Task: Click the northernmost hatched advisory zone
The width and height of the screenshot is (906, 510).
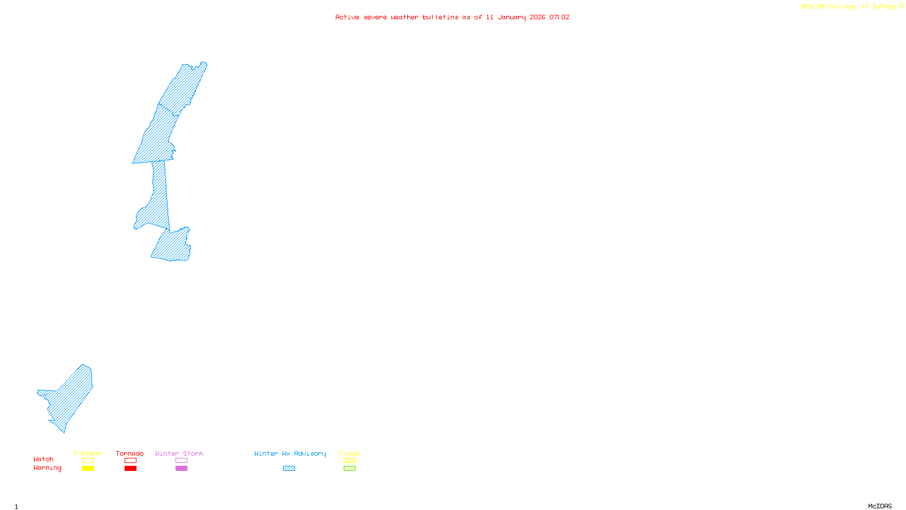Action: [184, 88]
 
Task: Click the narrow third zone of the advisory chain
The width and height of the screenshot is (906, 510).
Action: [157, 198]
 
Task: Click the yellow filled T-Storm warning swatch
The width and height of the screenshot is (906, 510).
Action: [88, 469]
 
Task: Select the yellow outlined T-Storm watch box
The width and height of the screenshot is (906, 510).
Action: [88, 461]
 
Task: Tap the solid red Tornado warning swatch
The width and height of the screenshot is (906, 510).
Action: [130, 469]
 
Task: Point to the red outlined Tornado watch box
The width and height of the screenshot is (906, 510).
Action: [130, 461]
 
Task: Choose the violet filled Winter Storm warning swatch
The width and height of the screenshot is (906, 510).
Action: [181, 469]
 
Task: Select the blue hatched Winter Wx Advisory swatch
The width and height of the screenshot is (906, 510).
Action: [289, 469]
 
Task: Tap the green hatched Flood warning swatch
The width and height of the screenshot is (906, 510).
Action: [349, 469]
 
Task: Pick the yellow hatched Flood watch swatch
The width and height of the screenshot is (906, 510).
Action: [349, 461]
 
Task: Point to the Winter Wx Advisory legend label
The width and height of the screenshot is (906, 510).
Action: [290, 453]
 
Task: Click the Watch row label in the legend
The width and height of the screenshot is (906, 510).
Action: [44, 459]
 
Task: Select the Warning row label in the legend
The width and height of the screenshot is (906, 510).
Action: [47, 468]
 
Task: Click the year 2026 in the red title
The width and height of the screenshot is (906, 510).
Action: [537, 17]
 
